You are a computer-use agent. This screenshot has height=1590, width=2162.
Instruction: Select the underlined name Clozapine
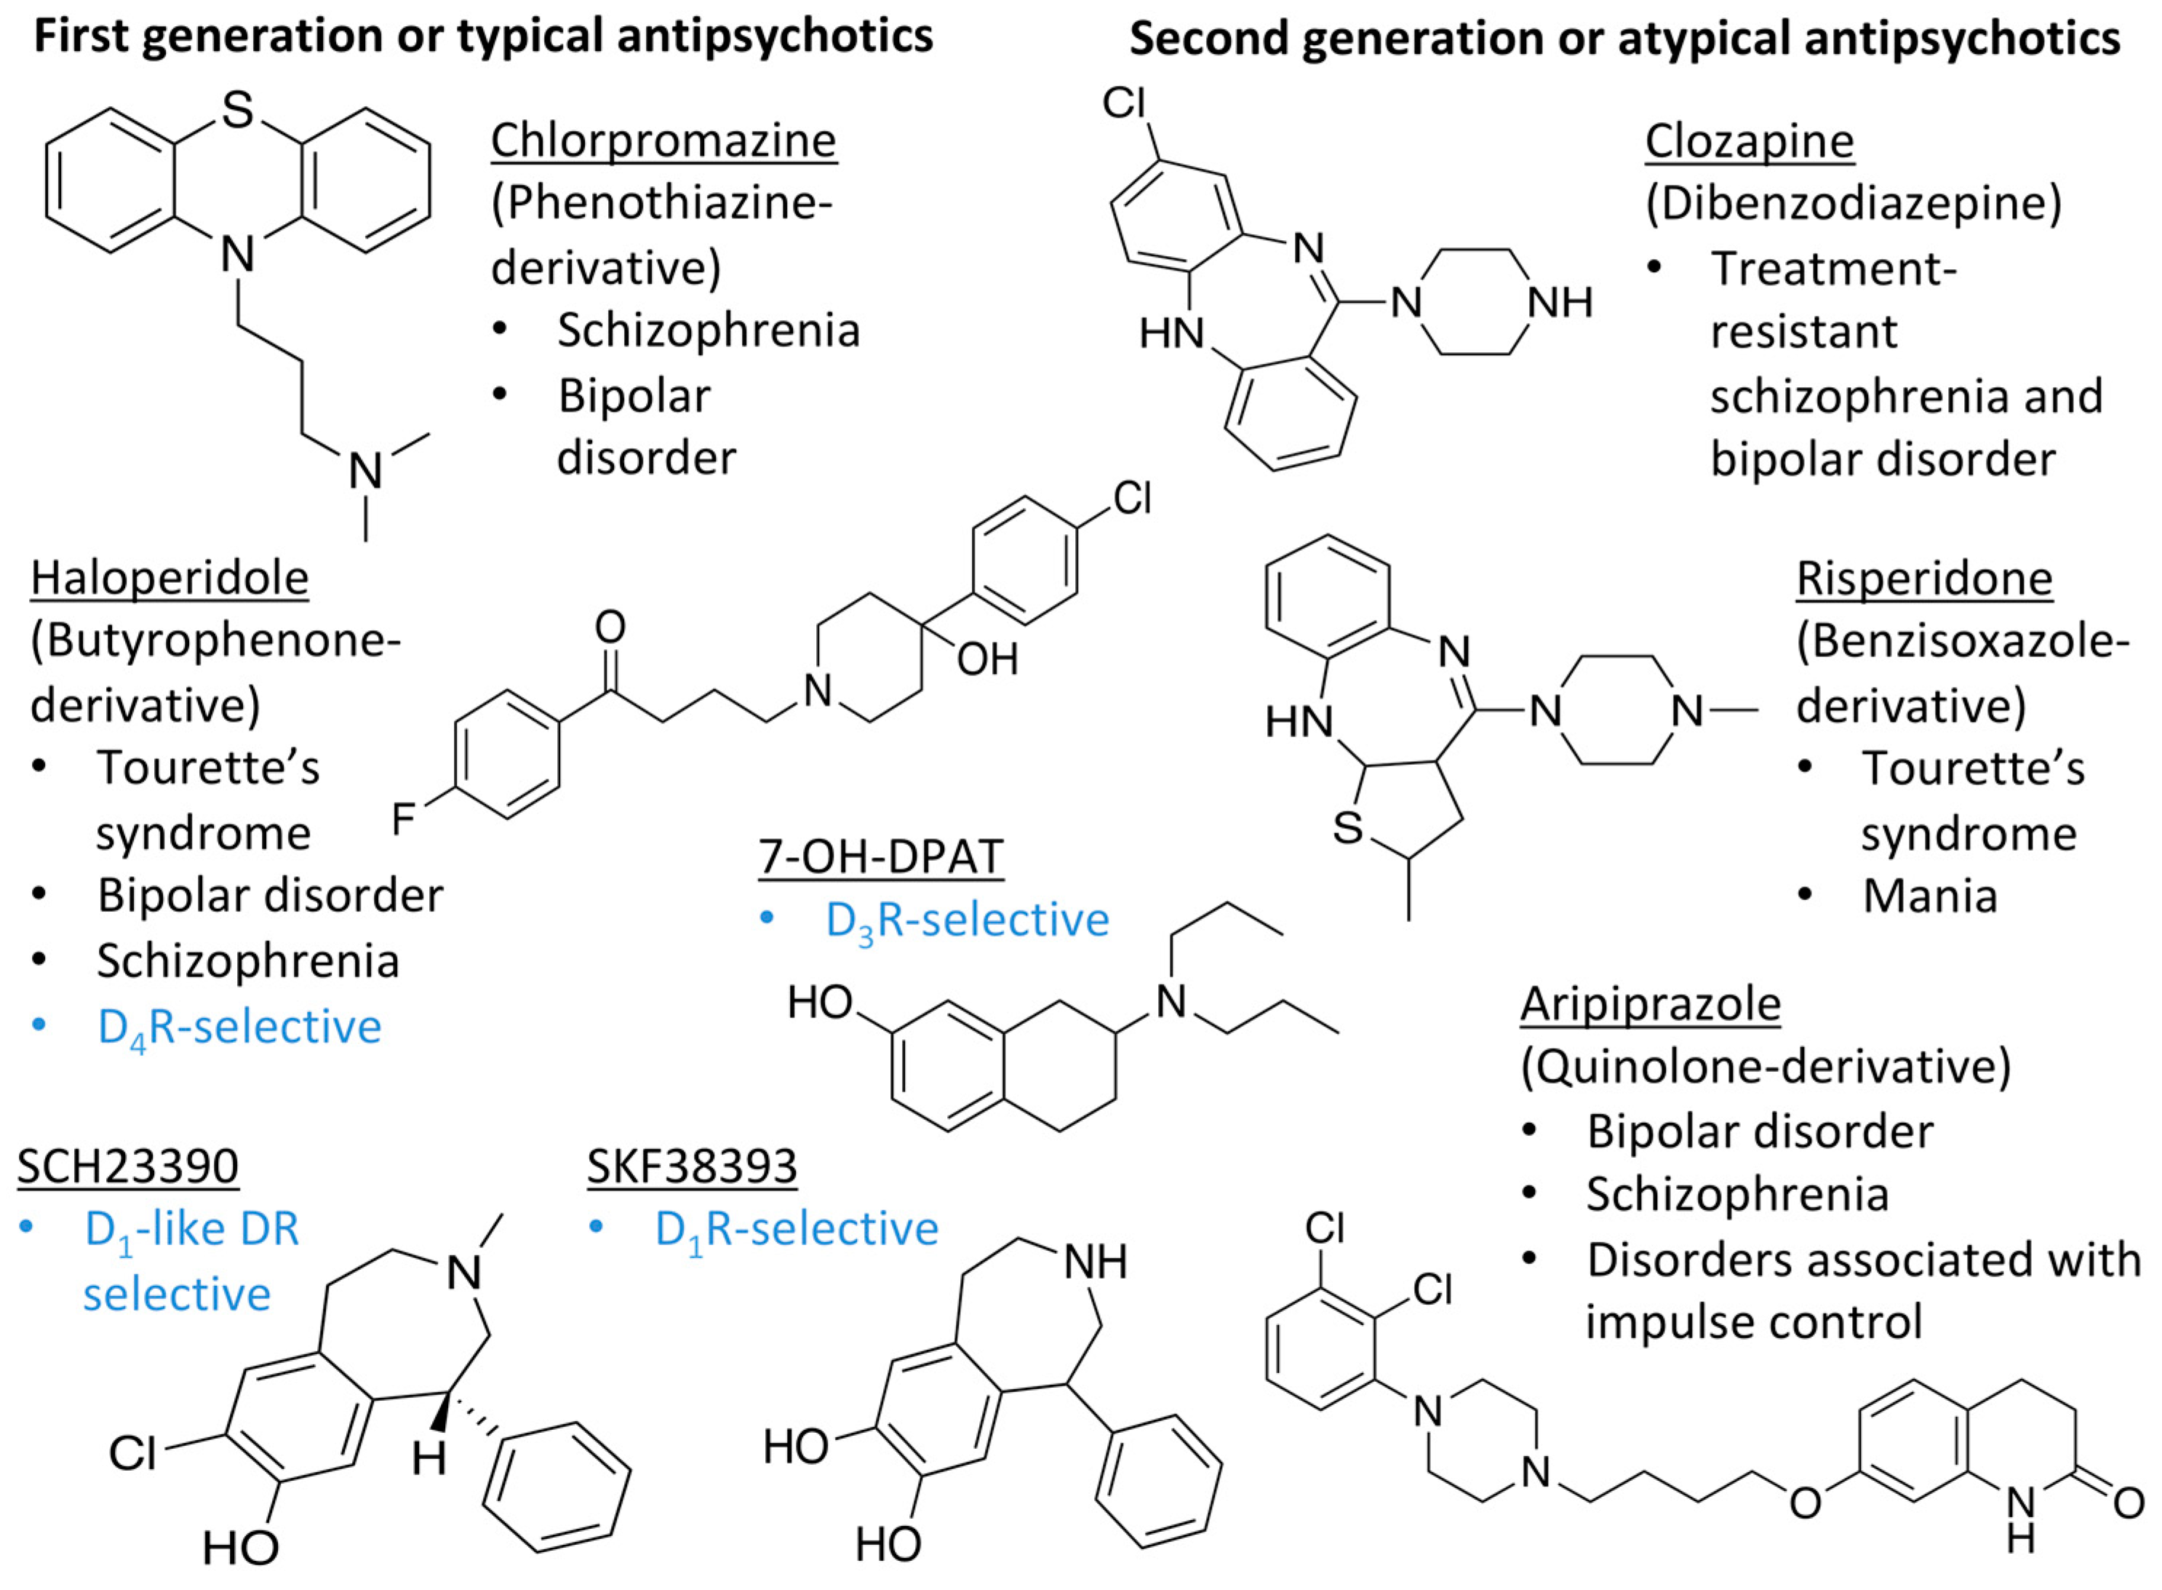(x=1748, y=141)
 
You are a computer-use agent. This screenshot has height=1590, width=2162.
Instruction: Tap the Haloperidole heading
(x=169, y=579)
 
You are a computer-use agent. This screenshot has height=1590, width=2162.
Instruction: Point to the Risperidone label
(x=1924, y=579)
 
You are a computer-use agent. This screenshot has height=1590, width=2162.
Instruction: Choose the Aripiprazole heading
(x=1650, y=1005)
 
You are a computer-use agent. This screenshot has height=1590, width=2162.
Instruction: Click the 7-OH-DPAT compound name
(x=880, y=856)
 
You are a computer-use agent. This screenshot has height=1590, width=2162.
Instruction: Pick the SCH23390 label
(x=128, y=1166)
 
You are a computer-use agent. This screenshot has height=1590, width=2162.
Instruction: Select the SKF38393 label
(x=692, y=1166)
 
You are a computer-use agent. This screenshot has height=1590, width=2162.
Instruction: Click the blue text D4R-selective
(x=239, y=1027)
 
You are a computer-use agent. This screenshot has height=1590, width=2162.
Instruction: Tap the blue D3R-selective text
(x=966, y=920)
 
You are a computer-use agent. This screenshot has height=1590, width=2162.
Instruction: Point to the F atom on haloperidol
(x=403, y=819)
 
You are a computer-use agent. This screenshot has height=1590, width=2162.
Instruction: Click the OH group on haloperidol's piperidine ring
(x=987, y=660)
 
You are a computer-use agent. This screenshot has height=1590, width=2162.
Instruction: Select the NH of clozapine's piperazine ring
(x=1560, y=303)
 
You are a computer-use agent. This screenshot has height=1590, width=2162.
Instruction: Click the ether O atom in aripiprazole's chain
(x=1805, y=1503)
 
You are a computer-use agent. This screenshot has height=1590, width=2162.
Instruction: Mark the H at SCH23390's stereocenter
(x=429, y=1459)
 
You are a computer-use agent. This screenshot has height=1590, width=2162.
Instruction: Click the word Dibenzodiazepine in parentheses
(x=1852, y=204)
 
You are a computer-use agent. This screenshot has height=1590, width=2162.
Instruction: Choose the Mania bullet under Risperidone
(x=1929, y=896)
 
